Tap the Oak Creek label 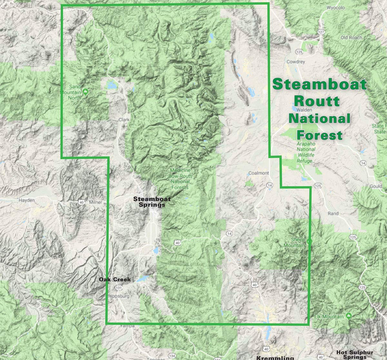pyautogui.click(x=115, y=280)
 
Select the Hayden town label pyautogui.click(x=26, y=200)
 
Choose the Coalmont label pyautogui.click(x=259, y=173)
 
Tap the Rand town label pyautogui.click(x=333, y=214)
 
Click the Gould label pyautogui.click(x=375, y=186)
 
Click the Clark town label pyautogui.click(x=124, y=119)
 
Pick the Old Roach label pyautogui.click(x=351, y=37)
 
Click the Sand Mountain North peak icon pyautogui.click(x=86, y=92)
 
